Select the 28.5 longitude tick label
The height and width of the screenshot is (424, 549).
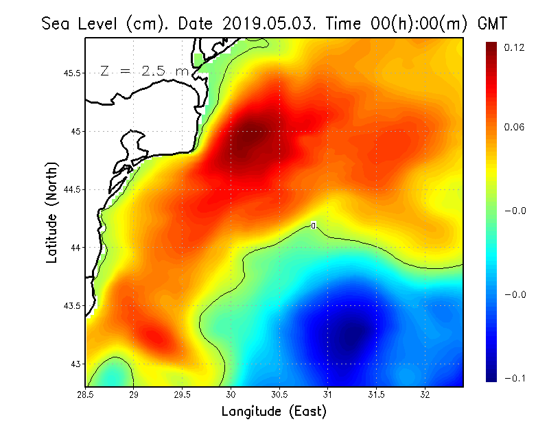coord(86,394)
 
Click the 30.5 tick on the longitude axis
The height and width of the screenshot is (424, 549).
coord(279,394)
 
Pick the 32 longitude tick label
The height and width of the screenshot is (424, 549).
coord(425,394)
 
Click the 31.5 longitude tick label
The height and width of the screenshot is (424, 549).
coord(377,394)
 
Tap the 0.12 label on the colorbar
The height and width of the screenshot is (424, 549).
coord(515,47)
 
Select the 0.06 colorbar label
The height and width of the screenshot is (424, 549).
coord(515,128)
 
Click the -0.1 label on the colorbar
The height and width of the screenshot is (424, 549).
coord(515,378)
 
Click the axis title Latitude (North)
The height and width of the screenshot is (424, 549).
coord(51,213)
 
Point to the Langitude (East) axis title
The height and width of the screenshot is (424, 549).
coord(274,412)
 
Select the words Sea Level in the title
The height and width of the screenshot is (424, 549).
coord(82,23)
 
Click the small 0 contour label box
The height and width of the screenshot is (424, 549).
coord(313,225)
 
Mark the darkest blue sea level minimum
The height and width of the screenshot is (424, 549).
coord(353,331)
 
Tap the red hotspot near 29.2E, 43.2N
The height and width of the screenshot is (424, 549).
coord(152,337)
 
